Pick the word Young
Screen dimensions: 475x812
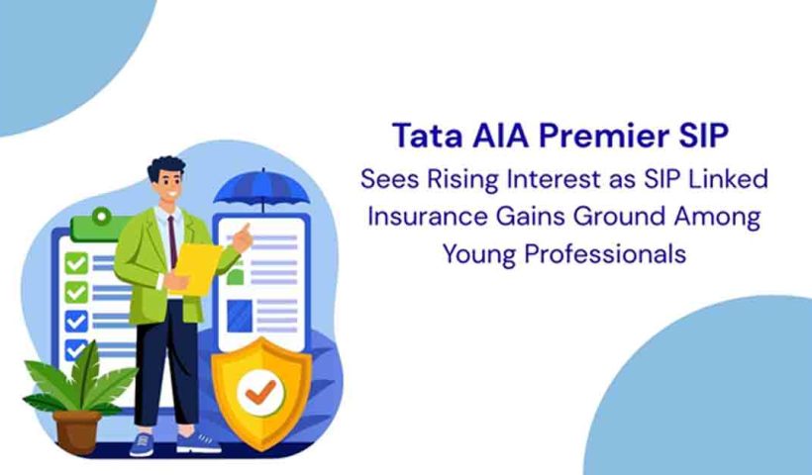coord(481,253)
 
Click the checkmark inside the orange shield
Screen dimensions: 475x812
coord(261,390)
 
